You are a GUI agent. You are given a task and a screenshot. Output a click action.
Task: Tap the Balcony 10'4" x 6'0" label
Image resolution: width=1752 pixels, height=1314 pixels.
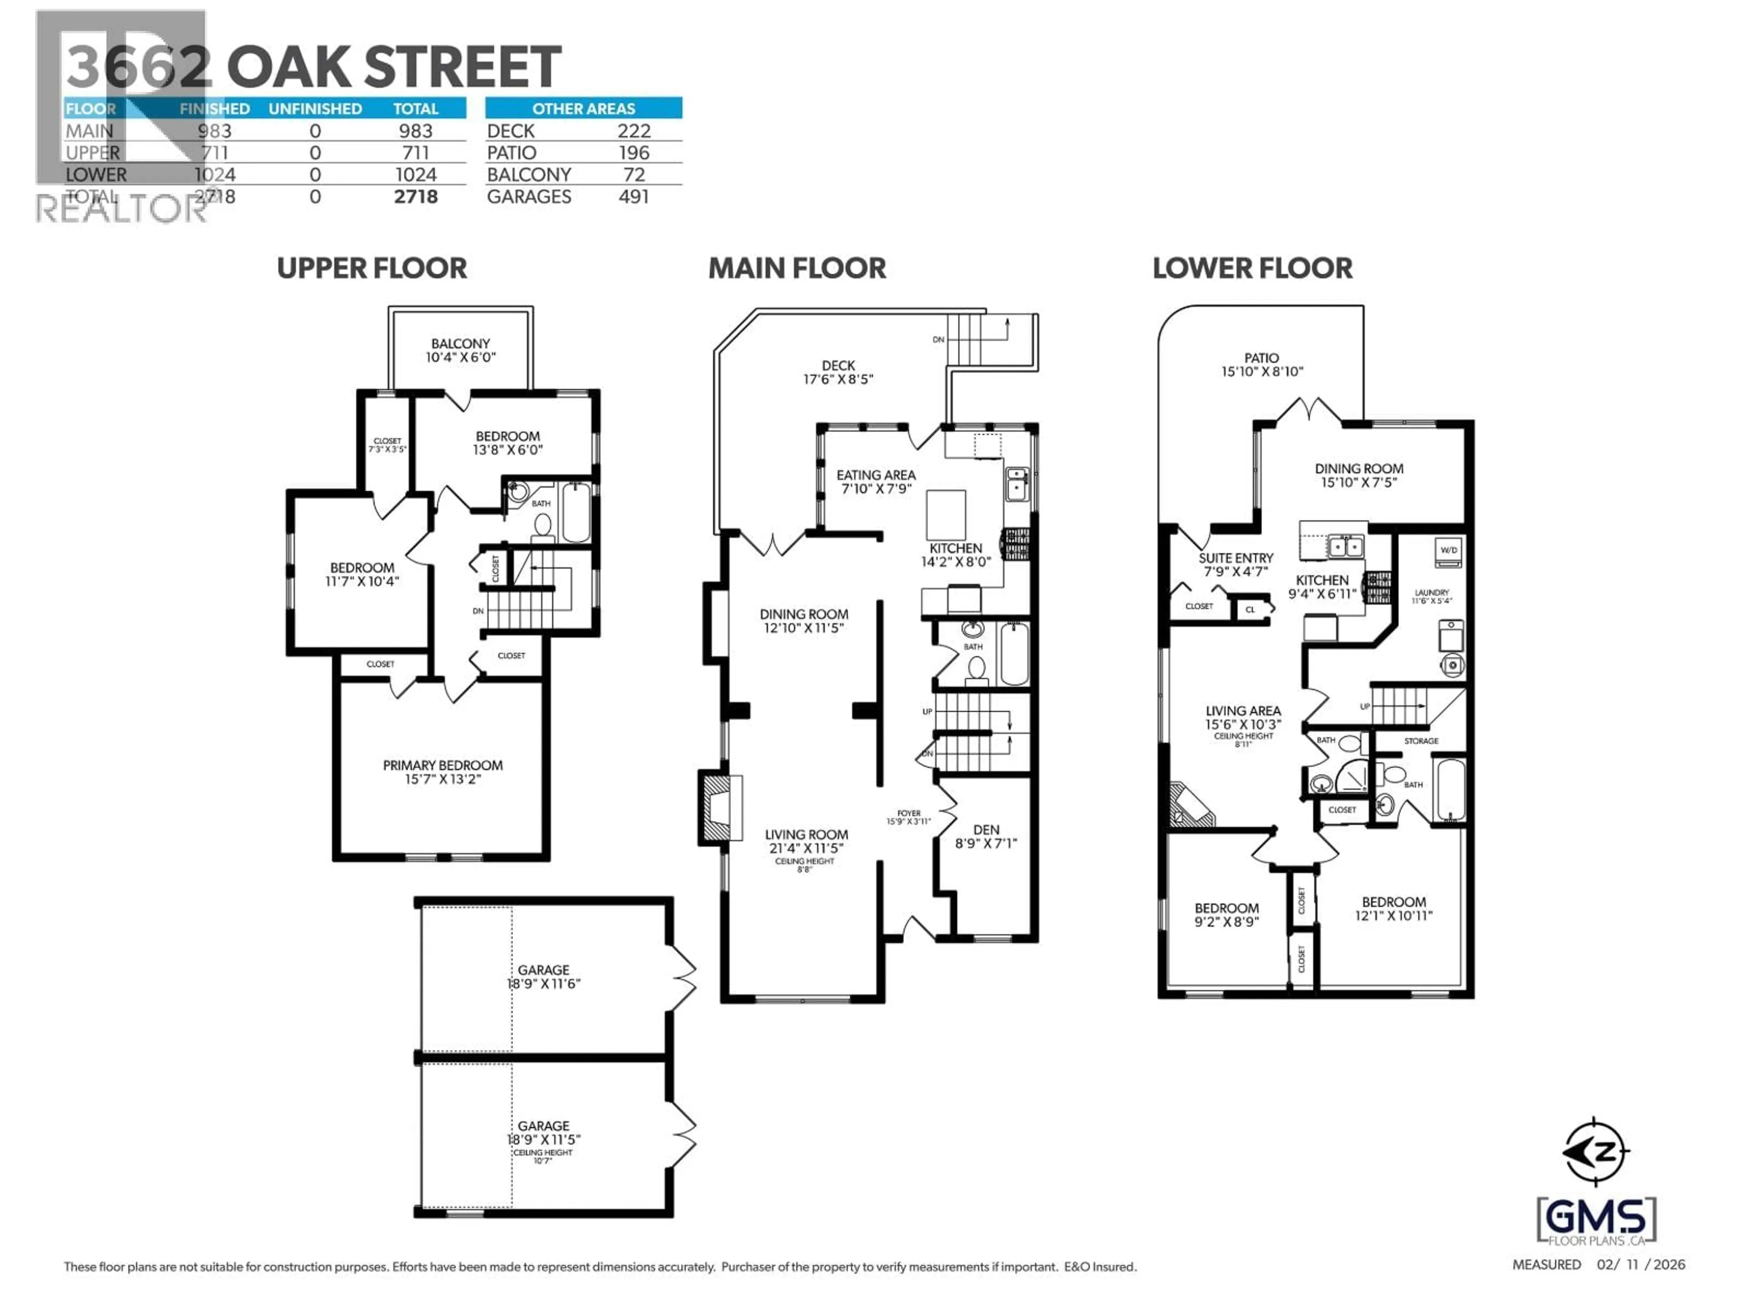point(460,350)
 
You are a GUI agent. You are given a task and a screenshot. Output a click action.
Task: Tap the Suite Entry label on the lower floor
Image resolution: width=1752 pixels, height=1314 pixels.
point(1236,564)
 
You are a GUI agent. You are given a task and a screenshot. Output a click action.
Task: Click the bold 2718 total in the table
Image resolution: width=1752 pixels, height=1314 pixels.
point(415,197)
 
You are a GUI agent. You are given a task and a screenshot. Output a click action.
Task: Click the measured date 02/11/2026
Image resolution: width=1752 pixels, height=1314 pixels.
point(1640,1265)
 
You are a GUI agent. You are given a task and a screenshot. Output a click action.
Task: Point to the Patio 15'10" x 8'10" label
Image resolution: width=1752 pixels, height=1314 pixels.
point(1261,365)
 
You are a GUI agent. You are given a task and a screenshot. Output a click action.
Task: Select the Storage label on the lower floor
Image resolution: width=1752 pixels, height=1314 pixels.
point(1421,740)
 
